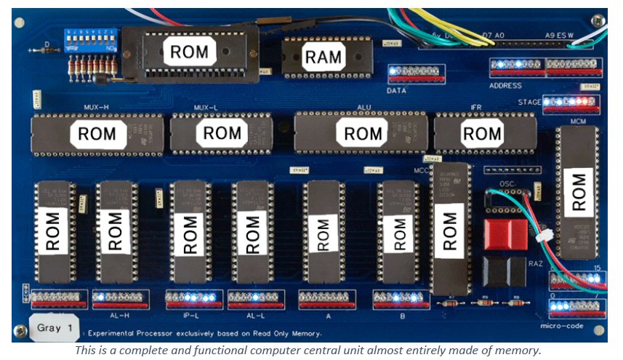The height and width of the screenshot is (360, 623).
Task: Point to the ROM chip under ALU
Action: tap(363, 134)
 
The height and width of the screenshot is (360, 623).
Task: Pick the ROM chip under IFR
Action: tap(482, 134)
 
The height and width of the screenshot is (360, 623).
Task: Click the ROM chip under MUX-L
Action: tap(222, 133)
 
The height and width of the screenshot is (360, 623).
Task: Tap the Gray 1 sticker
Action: tap(55, 328)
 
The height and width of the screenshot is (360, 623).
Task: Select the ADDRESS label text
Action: tap(505, 86)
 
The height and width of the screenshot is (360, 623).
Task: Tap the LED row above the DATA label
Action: tap(415, 73)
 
